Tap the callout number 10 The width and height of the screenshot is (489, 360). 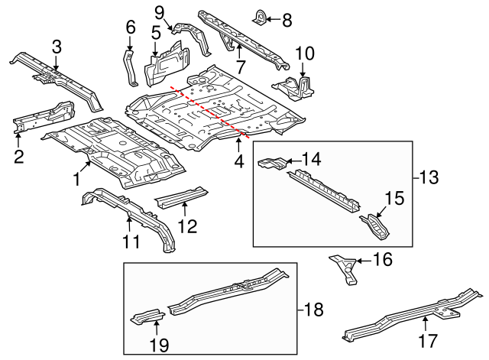coord(304,54)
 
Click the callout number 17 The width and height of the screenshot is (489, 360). coord(427,338)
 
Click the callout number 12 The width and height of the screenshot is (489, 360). coord(187,226)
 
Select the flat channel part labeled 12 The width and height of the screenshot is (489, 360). coord(181,198)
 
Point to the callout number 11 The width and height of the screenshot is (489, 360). coord(131,242)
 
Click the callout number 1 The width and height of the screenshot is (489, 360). coord(76,179)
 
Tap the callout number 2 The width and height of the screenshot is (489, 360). coord(18,157)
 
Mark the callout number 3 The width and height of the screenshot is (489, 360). coord(56,47)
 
